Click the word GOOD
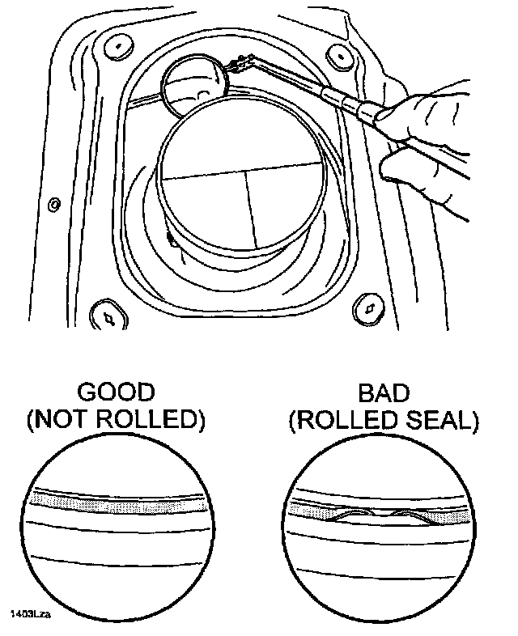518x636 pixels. pyautogui.click(x=114, y=393)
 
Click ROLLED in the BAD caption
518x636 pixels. pyautogui.click(x=346, y=421)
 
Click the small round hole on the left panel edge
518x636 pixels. pyautogui.click(x=54, y=205)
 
